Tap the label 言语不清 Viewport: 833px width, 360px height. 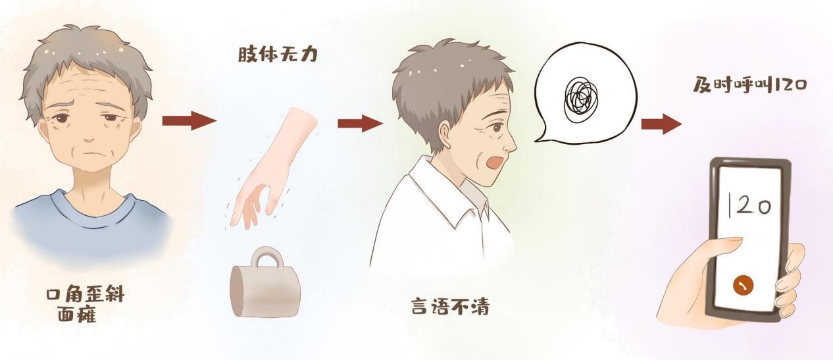click(x=450, y=306)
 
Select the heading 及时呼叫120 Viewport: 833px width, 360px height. click(x=749, y=85)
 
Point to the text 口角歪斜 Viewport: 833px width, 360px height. click(x=85, y=295)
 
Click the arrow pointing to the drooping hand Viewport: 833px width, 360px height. click(x=189, y=120)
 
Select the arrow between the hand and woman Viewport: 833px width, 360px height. click(x=360, y=124)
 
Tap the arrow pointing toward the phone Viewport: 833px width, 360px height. click(x=661, y=124)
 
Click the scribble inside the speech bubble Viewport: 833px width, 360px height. click(x=581, y=95)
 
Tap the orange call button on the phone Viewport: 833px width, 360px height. click(x=743, y=286)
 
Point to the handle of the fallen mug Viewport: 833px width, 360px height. click(x=266, y=257)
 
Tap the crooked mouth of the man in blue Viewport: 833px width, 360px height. click(x=91, y=153)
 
